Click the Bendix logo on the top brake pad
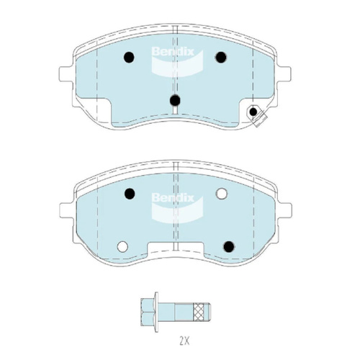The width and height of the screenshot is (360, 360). click(177, 61)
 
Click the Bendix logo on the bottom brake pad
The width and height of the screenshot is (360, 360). click(177, 207)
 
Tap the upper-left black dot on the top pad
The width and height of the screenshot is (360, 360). click(129, 57)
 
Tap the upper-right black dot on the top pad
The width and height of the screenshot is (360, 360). click(221, 57)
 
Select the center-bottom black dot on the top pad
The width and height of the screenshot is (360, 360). click(175, 100)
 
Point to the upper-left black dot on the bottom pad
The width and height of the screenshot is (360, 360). click(130, 194)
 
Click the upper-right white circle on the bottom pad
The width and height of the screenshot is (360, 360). click(221, 194)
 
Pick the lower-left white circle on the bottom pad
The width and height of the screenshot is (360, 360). click(122, 246)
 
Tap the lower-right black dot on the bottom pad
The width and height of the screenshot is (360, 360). click(229, 246)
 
